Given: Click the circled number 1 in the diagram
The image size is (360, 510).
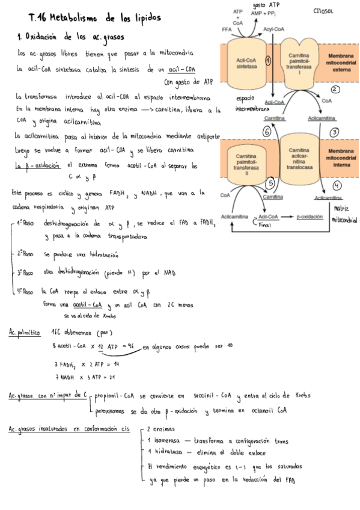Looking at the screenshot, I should point(268,60).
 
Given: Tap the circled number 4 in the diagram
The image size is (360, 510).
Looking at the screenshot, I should point(337,185).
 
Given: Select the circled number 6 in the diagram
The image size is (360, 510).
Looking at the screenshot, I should point(267,131).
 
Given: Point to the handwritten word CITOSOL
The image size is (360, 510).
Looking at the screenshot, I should point(325,10).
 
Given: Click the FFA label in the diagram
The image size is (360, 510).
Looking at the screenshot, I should point(227,29).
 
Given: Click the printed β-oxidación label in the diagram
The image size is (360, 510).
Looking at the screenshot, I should point(309,215).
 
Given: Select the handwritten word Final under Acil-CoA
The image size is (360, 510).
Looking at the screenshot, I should point(265,224).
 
